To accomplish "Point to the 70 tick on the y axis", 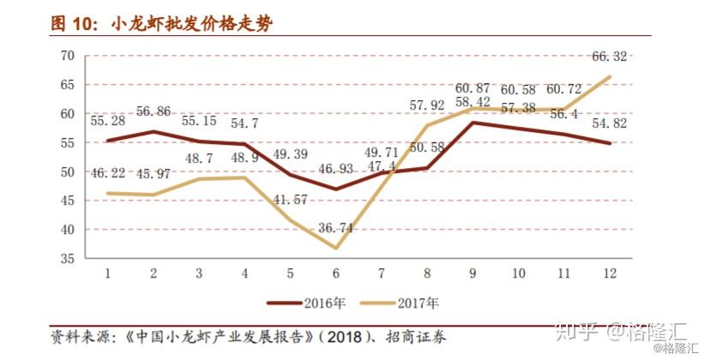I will pos(68,56).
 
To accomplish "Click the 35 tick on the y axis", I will pos(68,259).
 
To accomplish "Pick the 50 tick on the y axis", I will pos(68,172).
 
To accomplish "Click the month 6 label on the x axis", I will pos(335,273).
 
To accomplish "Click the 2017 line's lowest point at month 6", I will pos(335,249).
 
